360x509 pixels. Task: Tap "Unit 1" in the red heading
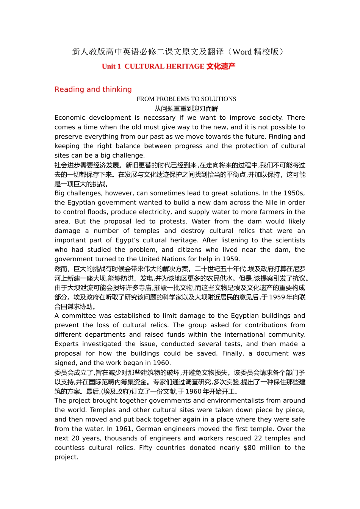click(x=111, y=67)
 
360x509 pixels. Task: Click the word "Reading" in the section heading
click(x=69, y=89)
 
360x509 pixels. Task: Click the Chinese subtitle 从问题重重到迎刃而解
click(x=186, y=109)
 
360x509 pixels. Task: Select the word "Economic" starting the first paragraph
click(x=70, y=118)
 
